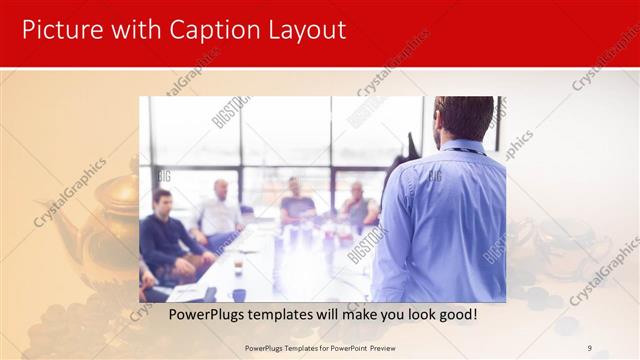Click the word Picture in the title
click(x=60, y=30)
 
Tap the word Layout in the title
click(x=300, y=30)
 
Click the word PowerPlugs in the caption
click(x=206, y=314)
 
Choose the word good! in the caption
click(x=456, y=314)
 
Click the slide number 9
click(x=589, y=348)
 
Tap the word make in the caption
click(x=357, y=314)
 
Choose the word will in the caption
click(x=328, y=314)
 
